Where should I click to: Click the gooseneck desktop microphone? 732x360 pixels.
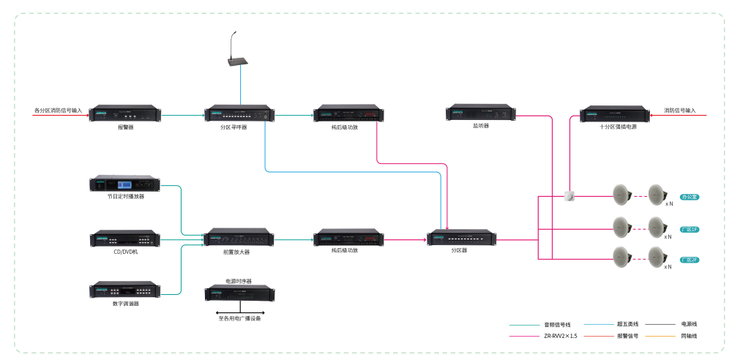pyautogui.click(x=236, y=55)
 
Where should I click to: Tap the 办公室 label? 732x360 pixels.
pyautogui.click(x=689, y=197)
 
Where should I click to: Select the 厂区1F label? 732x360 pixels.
pyautogui.click(x=689, y=229)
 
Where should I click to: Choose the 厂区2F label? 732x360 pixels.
pyautogui.click(x=689, y=260)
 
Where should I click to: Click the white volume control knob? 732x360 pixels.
pyautogui.click(x=569, y=196)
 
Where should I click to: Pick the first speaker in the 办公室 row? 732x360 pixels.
pyautogui.click(x=621, y=195)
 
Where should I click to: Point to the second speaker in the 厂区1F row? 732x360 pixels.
pyautogui.click(x=657, y=227)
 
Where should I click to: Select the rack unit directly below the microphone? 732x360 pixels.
pyautogui.click(x=239, y=114)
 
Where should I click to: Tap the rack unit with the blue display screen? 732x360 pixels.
pyautogui.click(x=125, y=184)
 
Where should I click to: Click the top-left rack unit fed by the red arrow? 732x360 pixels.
pyautogui.click(x=125, y=114)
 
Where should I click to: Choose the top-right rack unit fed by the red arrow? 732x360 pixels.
pyautogui.click(x=615, y=114)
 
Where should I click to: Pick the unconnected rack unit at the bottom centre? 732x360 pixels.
pyautogui.click(x=239, y=293)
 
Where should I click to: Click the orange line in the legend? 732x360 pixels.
pyautogui.click(x=660, y=337)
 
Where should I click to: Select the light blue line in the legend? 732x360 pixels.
pyautogui.click(x=599, y=324)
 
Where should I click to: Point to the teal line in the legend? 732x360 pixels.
pyautogui.click(x=524, y=324)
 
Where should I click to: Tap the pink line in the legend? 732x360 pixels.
pyautogui.click(x=524, y=337)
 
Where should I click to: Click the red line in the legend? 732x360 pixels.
pyautogui.click(x=599, y=337)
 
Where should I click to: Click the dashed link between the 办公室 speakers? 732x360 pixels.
pyautogui.click(x=639, y=195)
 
